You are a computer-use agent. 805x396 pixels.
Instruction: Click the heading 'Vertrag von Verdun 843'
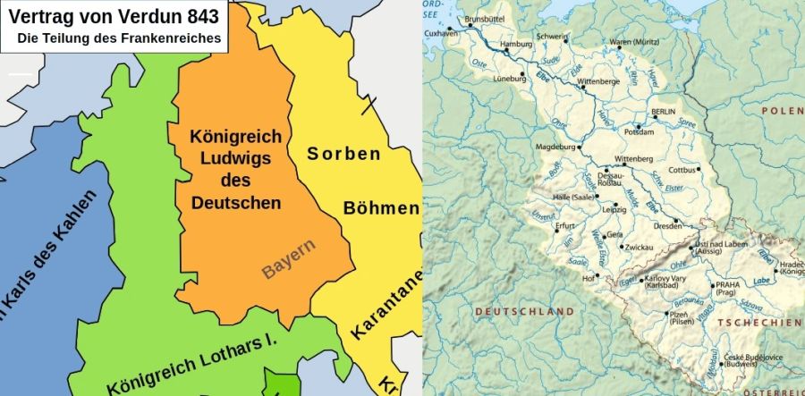point(114,15)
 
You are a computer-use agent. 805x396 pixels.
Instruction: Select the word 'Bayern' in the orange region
point(288,258)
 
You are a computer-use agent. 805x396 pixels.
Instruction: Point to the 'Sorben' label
point(343,154)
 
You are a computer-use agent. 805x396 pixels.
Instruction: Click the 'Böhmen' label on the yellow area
point(381,208)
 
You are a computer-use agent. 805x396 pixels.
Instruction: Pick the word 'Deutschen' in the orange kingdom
point(237,203)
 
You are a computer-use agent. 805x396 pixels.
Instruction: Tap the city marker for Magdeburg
point(579,147)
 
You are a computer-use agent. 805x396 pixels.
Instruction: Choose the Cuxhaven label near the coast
point(440,33)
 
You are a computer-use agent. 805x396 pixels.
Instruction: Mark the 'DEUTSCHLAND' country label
point(524,311)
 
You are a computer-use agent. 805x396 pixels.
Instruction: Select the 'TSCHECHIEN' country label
point(764,322)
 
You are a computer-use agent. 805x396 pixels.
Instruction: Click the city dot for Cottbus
point(699,168)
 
